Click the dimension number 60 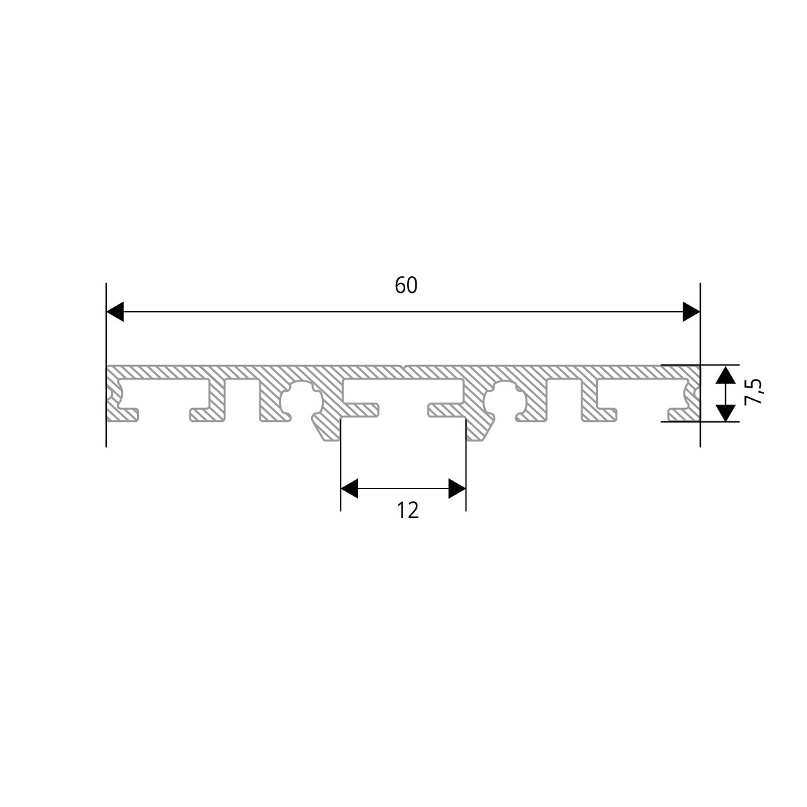coord(406,286)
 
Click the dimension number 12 coord(407,511)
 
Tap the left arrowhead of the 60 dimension coord(116,312)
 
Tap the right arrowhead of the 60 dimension coord(691,312)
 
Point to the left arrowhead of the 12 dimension coord(349,489)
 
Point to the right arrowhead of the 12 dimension coord(457,489)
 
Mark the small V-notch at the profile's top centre coord(404,368)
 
